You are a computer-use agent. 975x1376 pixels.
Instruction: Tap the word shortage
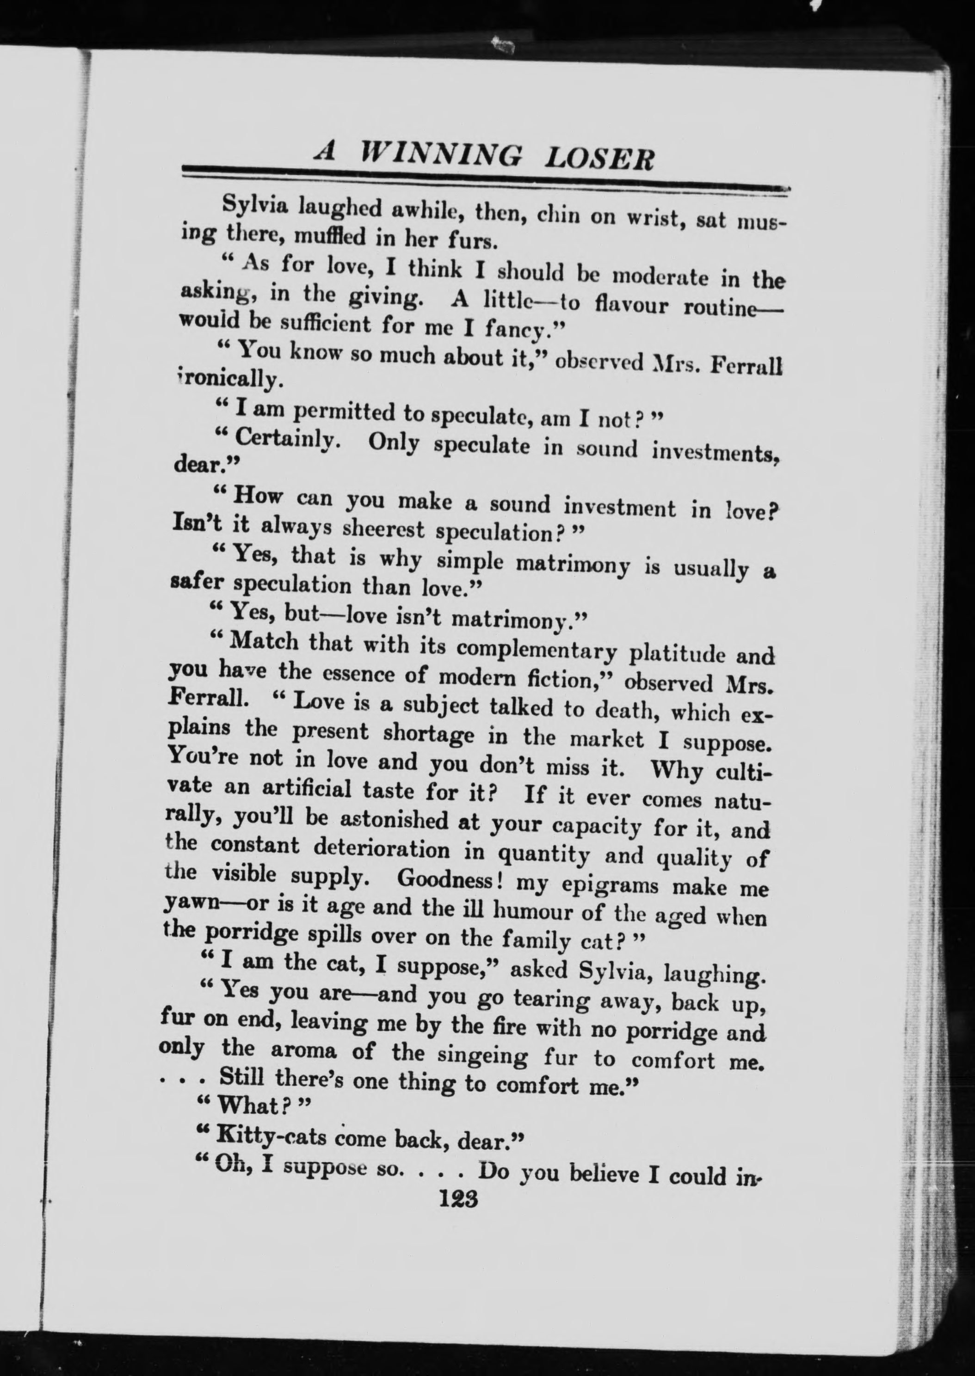click(x=428, y=734)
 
